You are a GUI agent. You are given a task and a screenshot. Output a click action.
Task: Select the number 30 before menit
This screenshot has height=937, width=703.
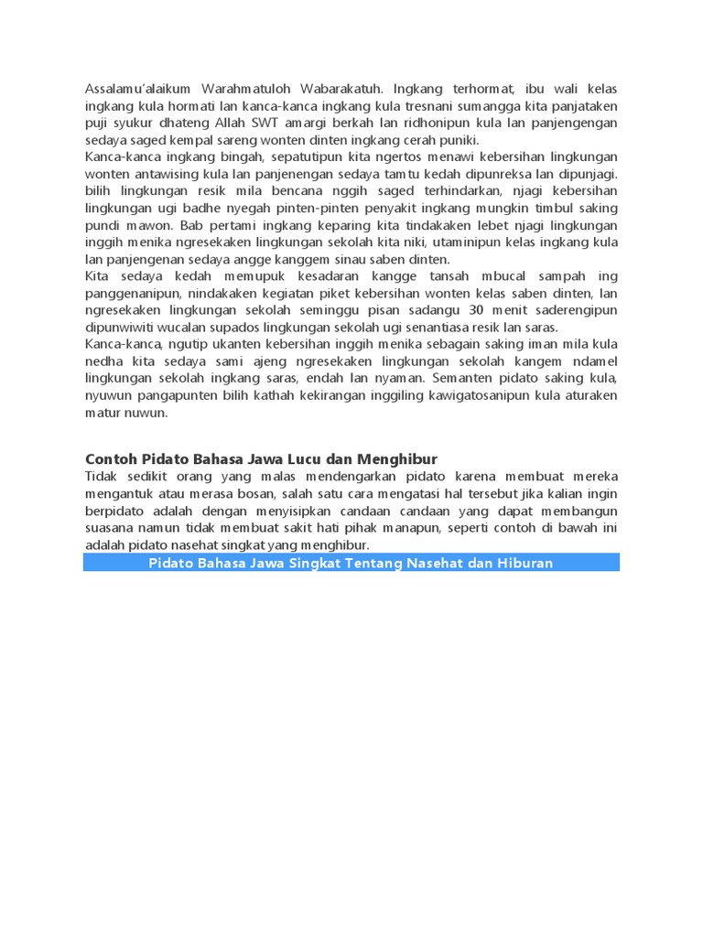(x=476, y=310)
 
